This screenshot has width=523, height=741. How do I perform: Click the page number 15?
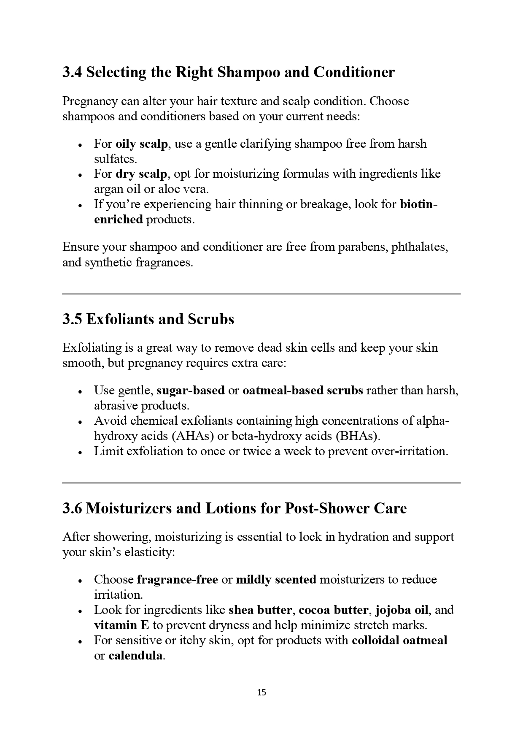[x=261, y=692]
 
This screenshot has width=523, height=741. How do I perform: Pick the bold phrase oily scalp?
[x=142, y=144]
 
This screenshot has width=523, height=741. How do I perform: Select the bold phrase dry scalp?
[x=141, y=174]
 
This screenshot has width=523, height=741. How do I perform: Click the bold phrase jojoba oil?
[x=402, y=610]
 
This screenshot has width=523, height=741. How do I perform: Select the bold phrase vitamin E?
[x=121, y=625]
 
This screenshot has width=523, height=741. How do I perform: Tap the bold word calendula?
[x=135, y=656]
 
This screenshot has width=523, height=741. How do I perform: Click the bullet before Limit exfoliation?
[x=80, y=452]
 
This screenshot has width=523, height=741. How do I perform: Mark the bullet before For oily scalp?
[x=80, y=144]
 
